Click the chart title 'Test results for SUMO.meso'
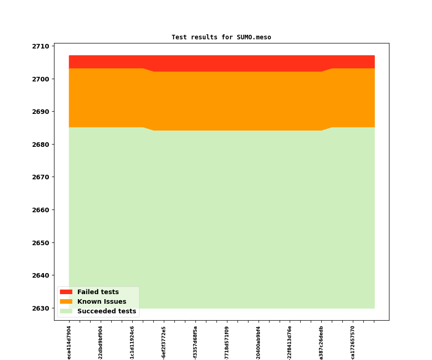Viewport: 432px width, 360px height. (x=221, y=38)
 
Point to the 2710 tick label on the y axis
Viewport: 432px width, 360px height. (x=41, y=46)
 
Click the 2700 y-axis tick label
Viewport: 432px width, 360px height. (x=41, y=79)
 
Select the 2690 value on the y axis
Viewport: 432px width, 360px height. (x=41, y=112)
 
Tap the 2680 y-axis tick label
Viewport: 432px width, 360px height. (x=41, y=145)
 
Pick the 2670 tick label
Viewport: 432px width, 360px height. (x=41, y=177)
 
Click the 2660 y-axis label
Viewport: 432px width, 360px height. (x=41, y=210)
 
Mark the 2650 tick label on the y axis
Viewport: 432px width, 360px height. (x=41, y=243)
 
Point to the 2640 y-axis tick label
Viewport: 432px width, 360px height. (x=41, y=275)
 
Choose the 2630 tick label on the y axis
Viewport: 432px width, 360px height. (x=41, y=308)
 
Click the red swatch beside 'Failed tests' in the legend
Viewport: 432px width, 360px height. (x=66, y=292)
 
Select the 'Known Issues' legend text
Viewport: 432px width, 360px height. (x=102, y=302)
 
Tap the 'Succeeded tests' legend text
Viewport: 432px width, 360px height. (x=107, y=312)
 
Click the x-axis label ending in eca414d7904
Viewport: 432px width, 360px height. (x=69, y=342)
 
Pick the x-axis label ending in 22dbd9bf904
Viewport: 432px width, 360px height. (x=101, y=342)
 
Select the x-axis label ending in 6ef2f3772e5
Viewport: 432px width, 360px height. (x=164, y=342)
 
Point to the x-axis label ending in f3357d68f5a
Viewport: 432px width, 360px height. (x=195, y=342)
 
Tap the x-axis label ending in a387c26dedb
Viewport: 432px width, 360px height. (x=321, y=342)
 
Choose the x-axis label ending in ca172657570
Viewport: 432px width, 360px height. (x=353, y=342)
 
